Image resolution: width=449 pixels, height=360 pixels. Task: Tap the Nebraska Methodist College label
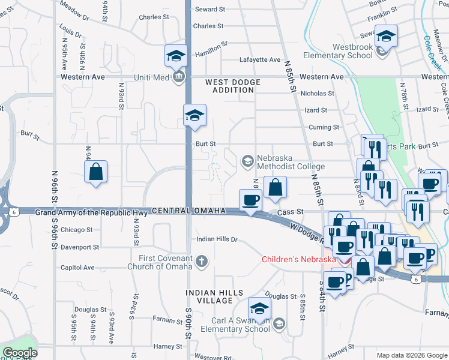(291, 162)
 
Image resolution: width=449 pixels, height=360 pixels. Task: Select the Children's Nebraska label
(298, 260)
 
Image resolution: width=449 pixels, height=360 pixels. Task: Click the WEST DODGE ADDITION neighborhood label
(233, 86)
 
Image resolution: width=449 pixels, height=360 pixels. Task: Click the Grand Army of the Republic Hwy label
(91, 212)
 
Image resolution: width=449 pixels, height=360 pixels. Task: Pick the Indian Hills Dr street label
(218, 239)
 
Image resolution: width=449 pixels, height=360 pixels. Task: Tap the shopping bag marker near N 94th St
(96, 172)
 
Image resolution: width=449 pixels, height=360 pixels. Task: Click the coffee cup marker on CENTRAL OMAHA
(250, 200)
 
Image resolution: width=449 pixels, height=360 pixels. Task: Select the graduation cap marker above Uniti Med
(176, 57)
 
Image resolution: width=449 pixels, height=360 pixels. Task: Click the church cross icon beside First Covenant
(202, 261)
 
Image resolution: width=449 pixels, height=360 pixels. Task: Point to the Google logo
(20, 353)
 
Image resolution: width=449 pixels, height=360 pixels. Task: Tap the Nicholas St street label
(317, 94)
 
